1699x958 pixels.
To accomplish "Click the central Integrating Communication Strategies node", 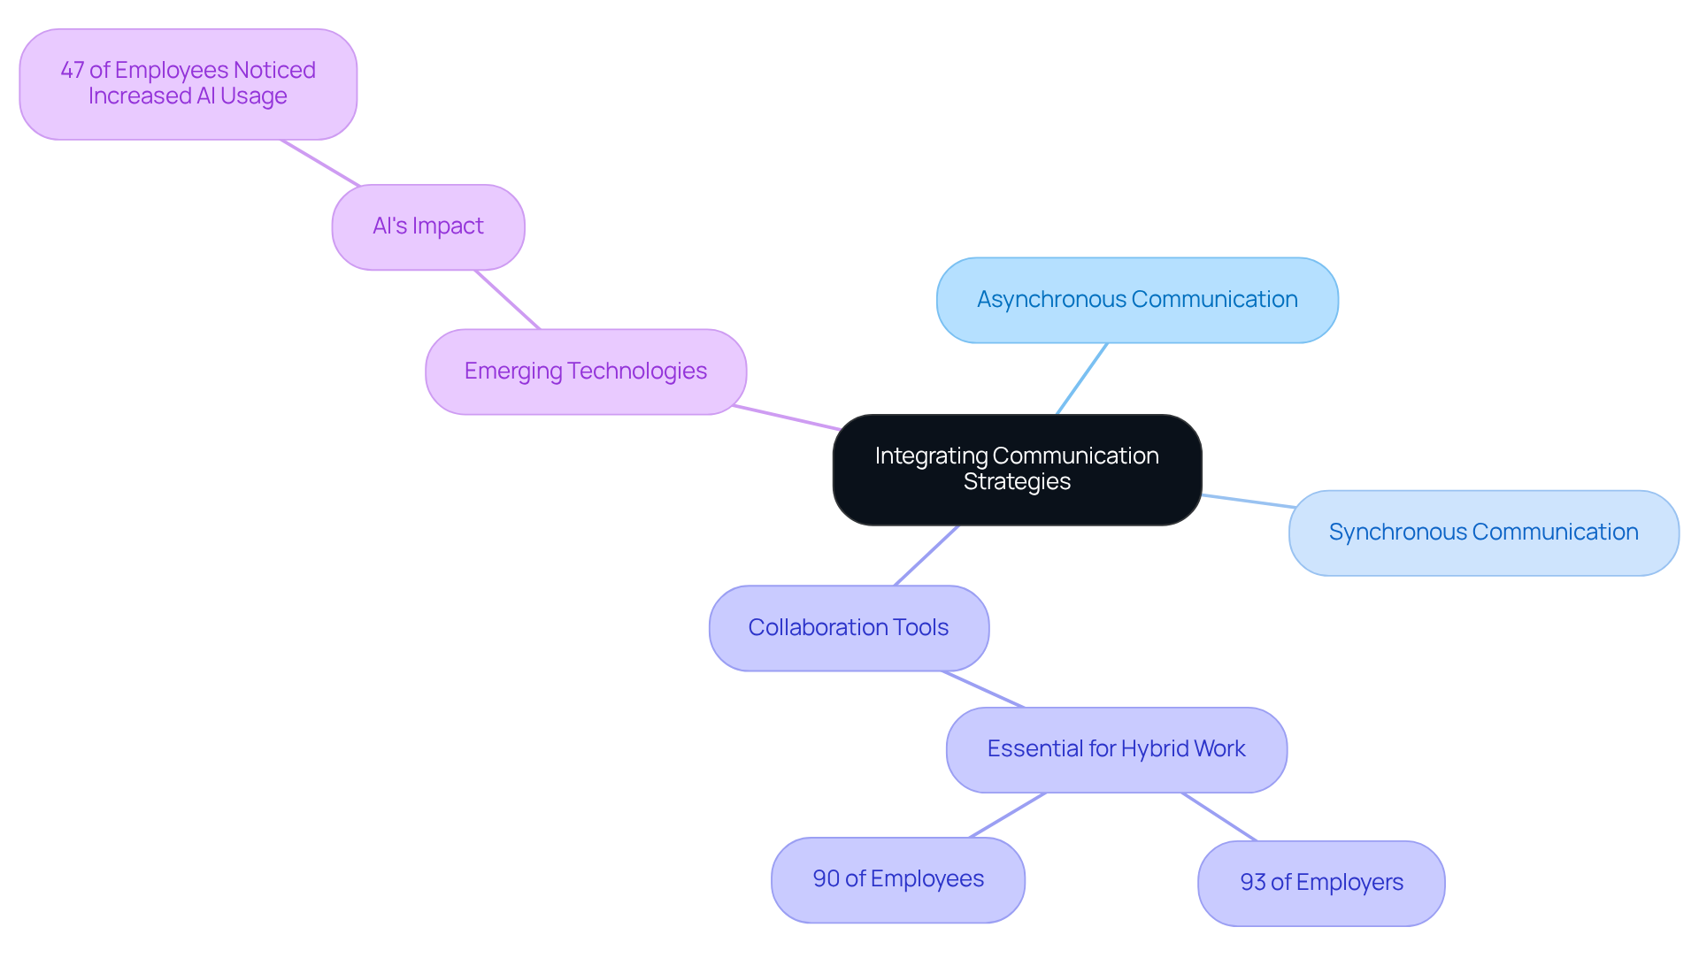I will pos(1017,469).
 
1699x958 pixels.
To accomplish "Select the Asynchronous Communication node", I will pos(1137,300).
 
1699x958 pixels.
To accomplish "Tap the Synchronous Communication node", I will pos(1483,533).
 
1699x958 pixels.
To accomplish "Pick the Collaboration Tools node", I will pos(849,628).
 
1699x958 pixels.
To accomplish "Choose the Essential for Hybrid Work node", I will pos(1116,749).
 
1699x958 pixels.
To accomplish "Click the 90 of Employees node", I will pos(898,879).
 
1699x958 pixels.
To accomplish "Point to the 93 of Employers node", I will pos(1321,883).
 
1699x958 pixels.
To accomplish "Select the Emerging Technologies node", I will pos(585,372).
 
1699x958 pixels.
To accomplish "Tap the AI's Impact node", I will pos(428,226).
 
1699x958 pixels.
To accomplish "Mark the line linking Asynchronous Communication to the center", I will pos(1081,379).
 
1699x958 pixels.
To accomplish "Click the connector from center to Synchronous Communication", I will pos(1248,501).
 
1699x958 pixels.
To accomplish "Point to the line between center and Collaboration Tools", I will pos(926,556).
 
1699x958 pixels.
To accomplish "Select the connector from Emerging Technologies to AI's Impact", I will pos(507,299).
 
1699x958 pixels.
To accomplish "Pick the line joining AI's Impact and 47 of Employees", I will pos(320,163).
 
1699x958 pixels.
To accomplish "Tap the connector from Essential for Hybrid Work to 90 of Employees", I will pos(1008,815).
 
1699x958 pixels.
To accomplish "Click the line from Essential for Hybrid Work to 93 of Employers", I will pos(1219,816).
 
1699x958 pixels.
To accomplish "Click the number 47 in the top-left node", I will pos(72,71).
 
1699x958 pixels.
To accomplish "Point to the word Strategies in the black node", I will pos(1017,482).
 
